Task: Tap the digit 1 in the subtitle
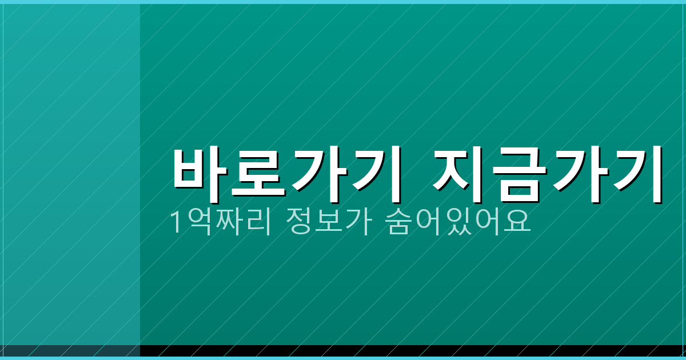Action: (177, 222)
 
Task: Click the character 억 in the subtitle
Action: (198, 222)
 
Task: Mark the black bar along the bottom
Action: (400, 351)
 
